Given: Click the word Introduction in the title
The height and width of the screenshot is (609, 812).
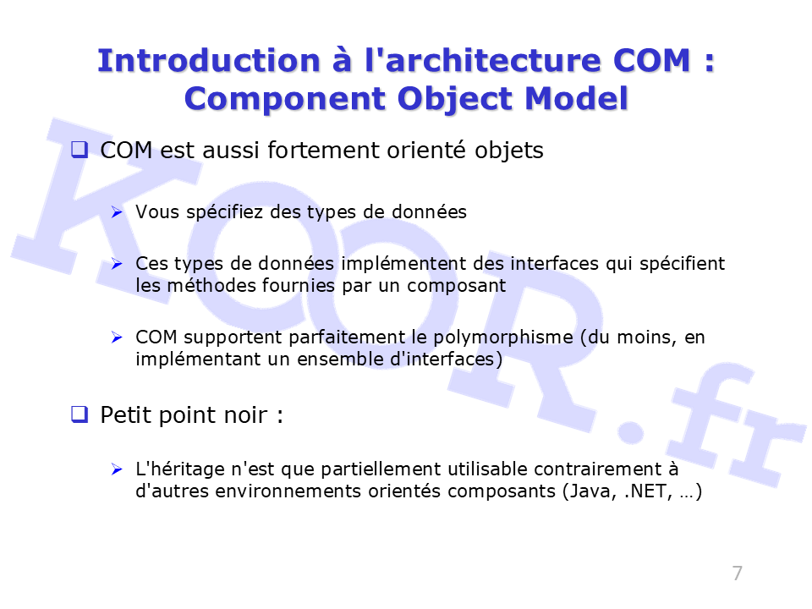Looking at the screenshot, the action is pos(209,61).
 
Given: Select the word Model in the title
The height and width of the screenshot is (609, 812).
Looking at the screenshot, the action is pos(576,98).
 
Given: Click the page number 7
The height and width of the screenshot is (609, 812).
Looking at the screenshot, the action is pos(738,573).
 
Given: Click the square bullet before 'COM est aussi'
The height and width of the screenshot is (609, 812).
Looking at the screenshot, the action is pos(80,150).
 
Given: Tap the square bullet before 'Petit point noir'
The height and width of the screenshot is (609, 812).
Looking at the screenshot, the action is pos(80,414).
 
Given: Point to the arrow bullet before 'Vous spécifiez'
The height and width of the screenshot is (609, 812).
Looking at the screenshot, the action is pos(117,211).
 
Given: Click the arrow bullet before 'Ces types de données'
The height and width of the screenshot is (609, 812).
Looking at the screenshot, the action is pos(117,264).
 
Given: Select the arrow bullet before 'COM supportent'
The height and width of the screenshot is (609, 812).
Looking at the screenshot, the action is pos(117,337).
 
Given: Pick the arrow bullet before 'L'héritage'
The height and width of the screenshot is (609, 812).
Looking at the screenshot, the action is pos(117,469).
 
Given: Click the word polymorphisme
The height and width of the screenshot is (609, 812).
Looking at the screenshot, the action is pos(503,338).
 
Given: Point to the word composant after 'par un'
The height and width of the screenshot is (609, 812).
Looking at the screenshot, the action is pos(456,287).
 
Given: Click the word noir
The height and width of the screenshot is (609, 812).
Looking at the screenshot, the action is pos(245,414).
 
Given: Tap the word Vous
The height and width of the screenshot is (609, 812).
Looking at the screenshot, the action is pos(157,211).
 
